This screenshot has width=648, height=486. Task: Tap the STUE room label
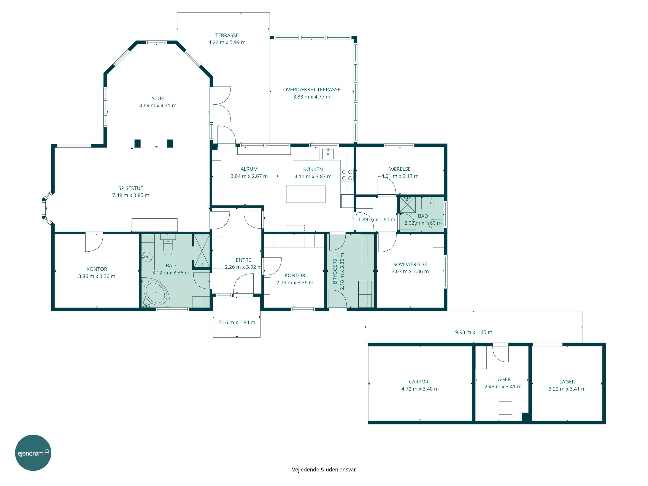(x=158, y=99)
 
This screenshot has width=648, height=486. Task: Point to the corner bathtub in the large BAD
(x=156, y=293)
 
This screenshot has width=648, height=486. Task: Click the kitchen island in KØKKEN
(x=306, y=194)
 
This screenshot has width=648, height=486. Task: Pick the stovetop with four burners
(x=347, y=175)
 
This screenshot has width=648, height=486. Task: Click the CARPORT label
(x=420, y=382)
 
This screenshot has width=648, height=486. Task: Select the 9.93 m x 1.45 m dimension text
(x=473, y=332)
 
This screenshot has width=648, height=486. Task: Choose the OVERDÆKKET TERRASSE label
(x=312, y=90)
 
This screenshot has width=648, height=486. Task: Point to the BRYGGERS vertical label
(x=335, y=271)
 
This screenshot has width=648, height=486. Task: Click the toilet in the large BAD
(x=168, y=247)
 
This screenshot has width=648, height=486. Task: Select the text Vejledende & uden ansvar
(x=324, y=470)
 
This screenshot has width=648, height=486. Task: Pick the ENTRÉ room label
(x=243, y=260)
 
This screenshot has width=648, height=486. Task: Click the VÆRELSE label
(x=400, y=169)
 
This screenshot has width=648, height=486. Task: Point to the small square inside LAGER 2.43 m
(x=505, y=408)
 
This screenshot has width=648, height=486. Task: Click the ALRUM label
(x=249, y=169)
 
